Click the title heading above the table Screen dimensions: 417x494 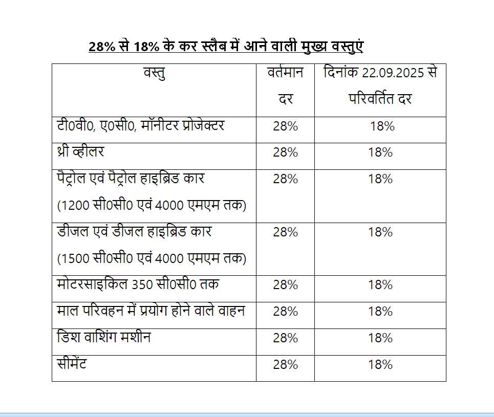click(226, 46)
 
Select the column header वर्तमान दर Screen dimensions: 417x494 click(285, 85)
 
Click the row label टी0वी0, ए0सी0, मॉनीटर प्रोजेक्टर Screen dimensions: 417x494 click(140, 126)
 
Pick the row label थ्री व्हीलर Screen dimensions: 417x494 click(81, 152)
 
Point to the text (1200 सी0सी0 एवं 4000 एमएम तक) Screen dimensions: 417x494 click(152, 206)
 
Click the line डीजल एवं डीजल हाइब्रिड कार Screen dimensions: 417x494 click(134, 232)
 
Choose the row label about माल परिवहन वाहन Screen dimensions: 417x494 click(151, 311)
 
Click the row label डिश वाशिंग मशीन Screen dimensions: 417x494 click(104, 338)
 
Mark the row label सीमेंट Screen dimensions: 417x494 click(72, 364)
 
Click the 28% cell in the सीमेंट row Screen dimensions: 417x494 click(285, 365)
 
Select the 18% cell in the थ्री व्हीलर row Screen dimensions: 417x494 click(380, 152)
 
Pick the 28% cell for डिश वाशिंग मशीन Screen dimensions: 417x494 click(285, 338)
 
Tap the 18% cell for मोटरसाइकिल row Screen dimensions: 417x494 click(380, 285)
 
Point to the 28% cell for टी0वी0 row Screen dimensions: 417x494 click(285, 126)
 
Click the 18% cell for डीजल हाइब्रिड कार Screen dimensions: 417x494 click(380, 232)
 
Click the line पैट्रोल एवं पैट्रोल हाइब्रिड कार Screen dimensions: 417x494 click(131, 179)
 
